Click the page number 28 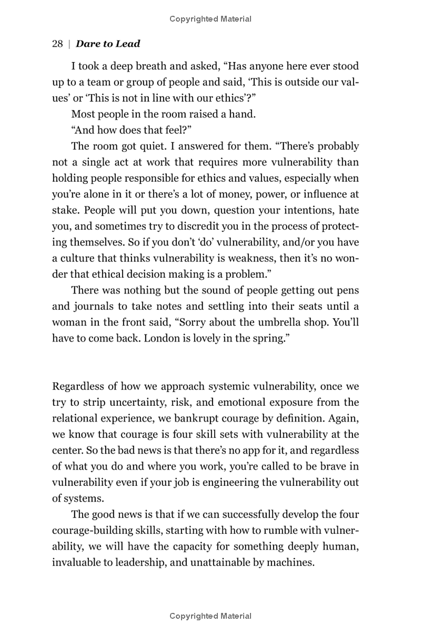[x=57, y=44]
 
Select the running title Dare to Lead [x=107, y=44]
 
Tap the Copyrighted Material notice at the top [x=210, y=19]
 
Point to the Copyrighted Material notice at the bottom [x=210, y=616]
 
